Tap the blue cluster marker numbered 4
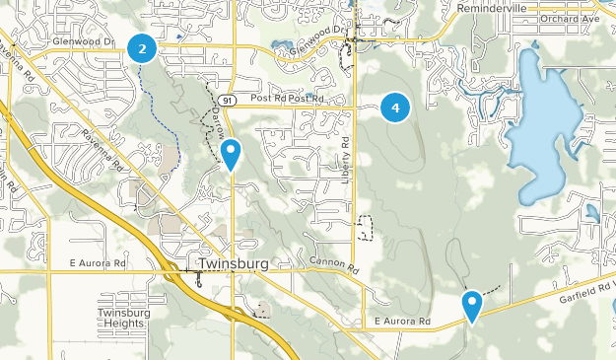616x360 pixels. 395,108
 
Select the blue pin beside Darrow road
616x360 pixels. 231,154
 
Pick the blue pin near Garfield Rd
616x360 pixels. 472,305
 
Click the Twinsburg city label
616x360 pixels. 233,265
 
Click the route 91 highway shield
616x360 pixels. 228,100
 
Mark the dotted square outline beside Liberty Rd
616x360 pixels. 366,228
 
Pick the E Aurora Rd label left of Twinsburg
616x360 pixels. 99,265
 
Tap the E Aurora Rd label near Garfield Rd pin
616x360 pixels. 402,322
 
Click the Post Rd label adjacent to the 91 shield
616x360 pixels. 268,99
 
